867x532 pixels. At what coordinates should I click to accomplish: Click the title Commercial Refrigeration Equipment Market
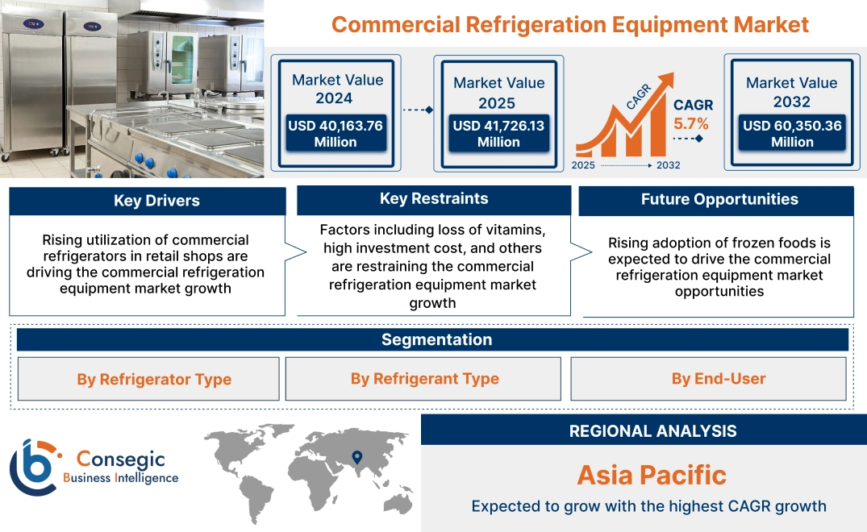click(x=570, y=24)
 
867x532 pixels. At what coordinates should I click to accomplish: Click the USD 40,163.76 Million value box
click(x=335, y=133)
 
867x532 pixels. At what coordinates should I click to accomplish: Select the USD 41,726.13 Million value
click(x=498, y=133)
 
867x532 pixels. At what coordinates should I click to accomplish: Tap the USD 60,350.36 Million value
click(x=792, y=133)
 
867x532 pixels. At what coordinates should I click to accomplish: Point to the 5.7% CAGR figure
click(x=691, y=124)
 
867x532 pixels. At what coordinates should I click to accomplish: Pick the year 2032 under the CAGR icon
click(x=668, y=165)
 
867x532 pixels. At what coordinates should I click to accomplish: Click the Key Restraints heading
click(x=434, y=198)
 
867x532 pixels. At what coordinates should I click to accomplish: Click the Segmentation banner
click(x=436, y=339)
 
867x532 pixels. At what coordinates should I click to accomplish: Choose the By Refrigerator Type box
click(x=154, y=379)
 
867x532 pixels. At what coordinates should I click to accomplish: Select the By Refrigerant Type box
click(x=424, y=379)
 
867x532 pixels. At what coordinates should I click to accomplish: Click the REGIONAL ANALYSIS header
click(x=652, y=430)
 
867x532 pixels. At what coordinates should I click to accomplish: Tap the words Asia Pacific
click(x=652, y=475)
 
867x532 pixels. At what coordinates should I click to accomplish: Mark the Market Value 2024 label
click(x=337, y=89)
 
